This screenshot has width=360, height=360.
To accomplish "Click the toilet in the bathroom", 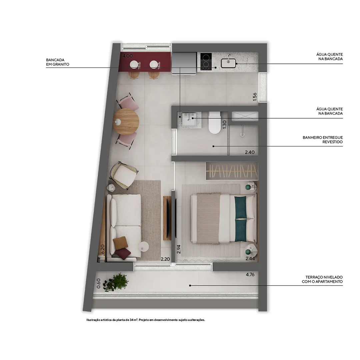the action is coord(214,122).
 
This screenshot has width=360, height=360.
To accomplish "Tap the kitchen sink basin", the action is coord(228,63).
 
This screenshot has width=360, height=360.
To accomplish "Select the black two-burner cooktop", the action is coord(206,61).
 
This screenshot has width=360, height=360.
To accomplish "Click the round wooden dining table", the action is coord(126,121).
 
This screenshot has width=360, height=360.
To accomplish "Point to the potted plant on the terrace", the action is coord(116,282).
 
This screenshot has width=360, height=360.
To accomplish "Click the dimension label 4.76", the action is coord(250,274).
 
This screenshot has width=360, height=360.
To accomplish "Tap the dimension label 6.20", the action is coord(103,249).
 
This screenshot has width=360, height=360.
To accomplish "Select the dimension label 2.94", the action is coord(179,249).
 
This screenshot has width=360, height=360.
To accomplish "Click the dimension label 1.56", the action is coord(254,97).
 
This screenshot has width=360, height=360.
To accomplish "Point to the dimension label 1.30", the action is coord(224,124).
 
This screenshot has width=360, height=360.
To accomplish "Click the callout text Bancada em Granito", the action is coord(58,62).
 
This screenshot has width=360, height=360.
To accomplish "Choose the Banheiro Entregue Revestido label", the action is coord(323,140).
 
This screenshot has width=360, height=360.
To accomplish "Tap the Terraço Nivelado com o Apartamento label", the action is coord(322,279).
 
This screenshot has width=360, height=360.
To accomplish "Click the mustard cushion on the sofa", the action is coord(120,243).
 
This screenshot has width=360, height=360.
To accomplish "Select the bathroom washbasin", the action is coord(189,120).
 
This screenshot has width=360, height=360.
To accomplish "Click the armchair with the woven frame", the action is coord(124,175).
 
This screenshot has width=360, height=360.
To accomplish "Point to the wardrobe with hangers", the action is coord(232,171).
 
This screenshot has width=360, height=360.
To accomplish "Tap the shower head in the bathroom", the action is coord(242,132).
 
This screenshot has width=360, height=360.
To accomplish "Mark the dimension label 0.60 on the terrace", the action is coord(98,283).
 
